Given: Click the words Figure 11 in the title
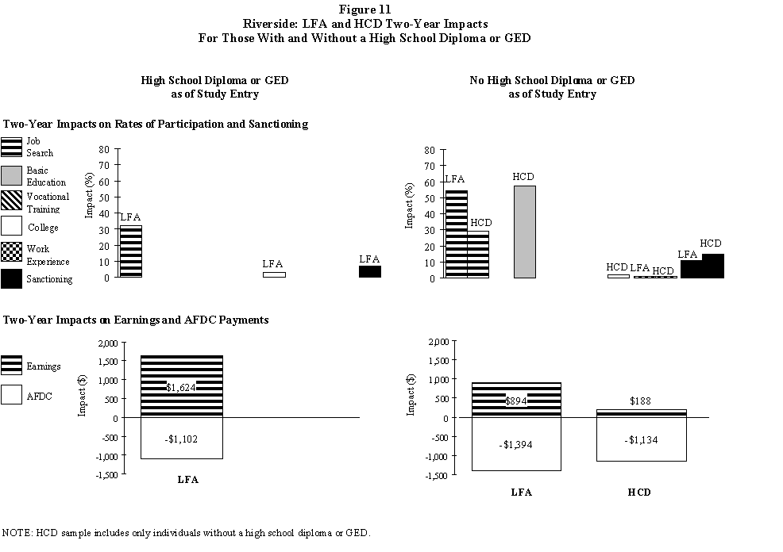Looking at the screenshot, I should point(391,9).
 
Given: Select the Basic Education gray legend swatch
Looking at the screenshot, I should point(12,176).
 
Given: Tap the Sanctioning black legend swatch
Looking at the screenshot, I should point(12,279).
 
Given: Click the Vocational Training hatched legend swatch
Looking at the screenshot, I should point(12,202).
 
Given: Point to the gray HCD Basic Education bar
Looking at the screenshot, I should point(523,232).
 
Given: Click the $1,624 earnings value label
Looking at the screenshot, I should point(181,387).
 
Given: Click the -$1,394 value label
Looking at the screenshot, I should point(516,445).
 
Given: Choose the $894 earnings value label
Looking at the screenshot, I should point(516,401).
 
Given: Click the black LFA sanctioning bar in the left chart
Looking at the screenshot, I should point(369,271).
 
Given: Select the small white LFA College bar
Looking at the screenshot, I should point(274,274).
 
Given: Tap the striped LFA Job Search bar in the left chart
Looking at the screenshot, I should point(130,251).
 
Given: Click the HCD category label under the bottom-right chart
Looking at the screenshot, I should point(639,492).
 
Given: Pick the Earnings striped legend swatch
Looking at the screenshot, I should point(12,366).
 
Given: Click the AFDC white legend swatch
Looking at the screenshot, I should point(12,395).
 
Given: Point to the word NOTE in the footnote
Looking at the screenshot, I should point(17,532).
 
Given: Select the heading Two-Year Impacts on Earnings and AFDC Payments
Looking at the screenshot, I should point(136,320).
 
